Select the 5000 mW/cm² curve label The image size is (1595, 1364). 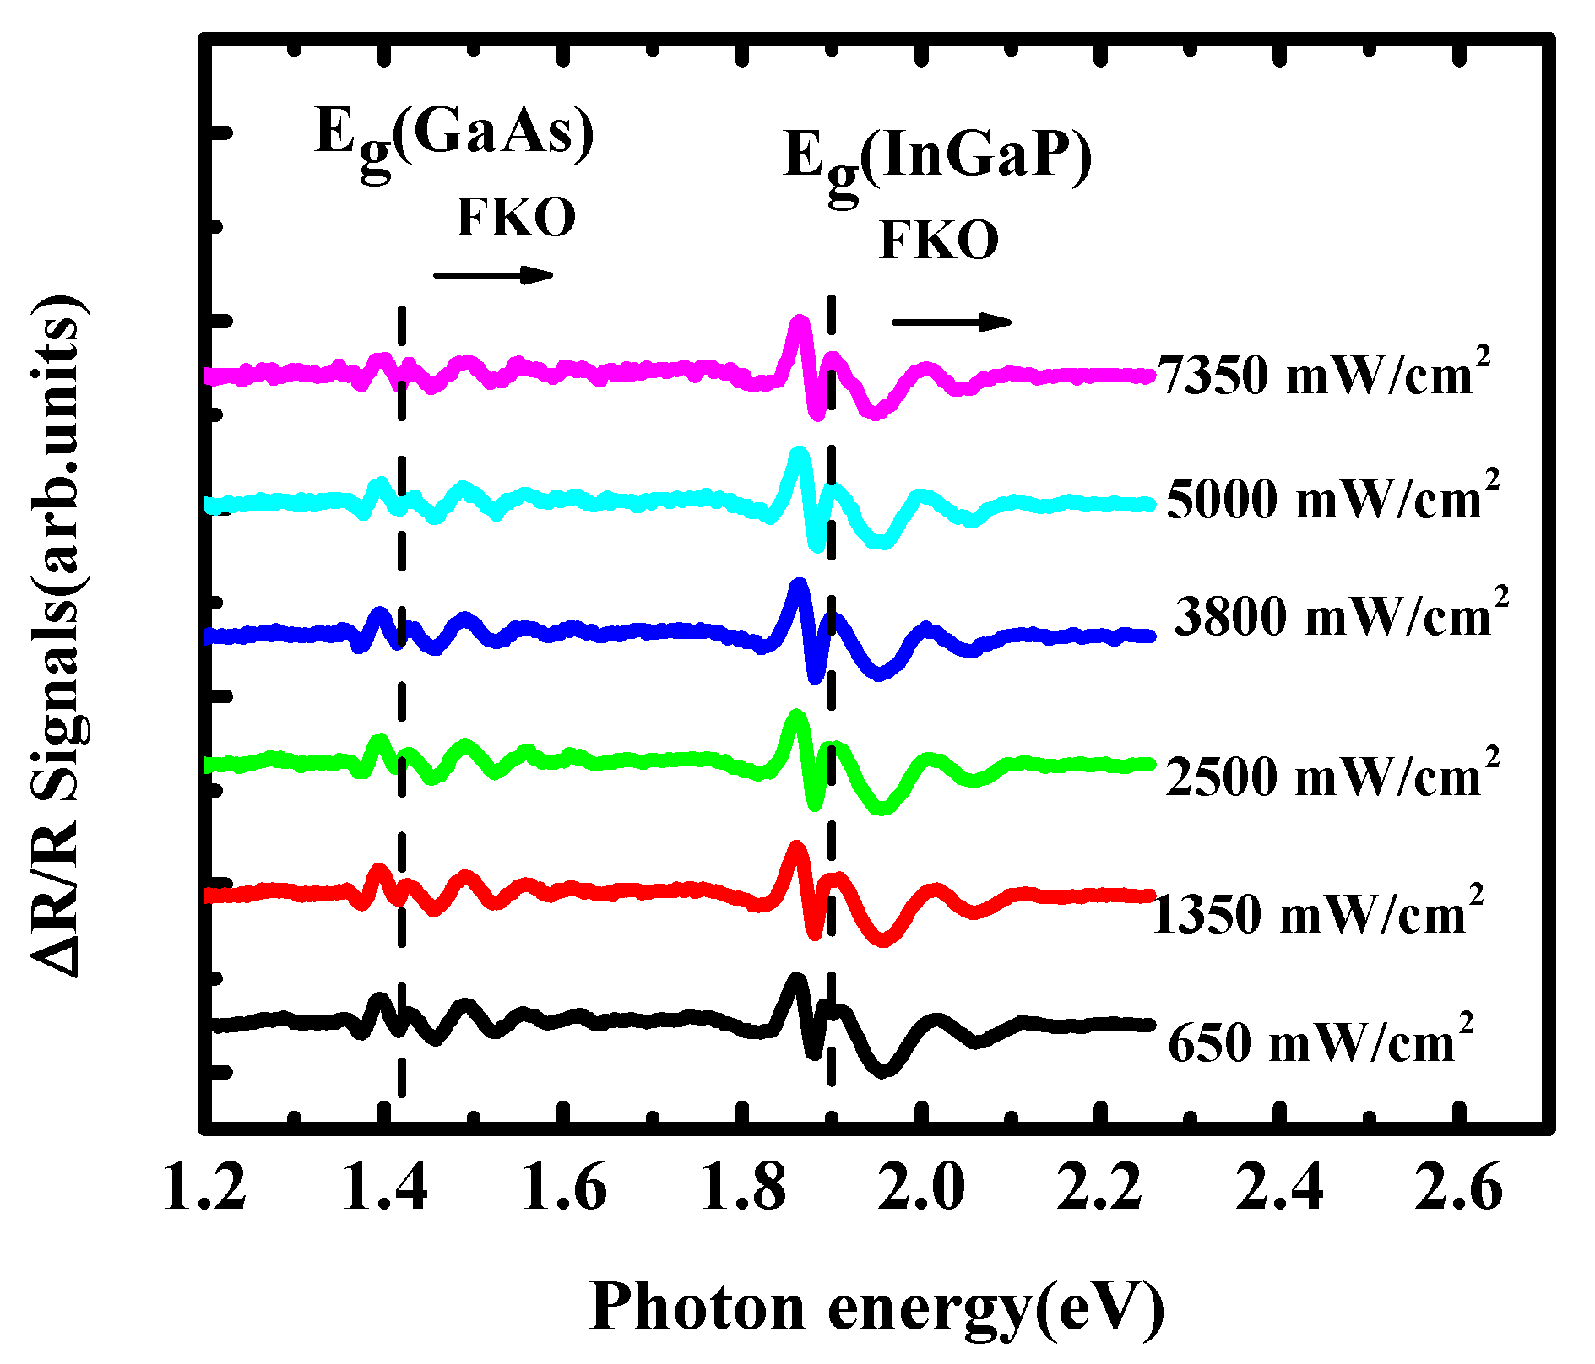coord(1333,497)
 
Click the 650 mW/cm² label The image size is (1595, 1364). coord(1321,1042)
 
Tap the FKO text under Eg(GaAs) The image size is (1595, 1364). coord(516,218)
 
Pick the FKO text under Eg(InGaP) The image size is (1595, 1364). coord(939,240)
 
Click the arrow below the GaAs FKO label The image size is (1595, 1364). coord(493,274)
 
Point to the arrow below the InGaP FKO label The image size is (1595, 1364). coord(952,322)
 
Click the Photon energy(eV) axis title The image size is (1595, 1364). coord(876,1307)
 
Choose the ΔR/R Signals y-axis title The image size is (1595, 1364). coord(57,637)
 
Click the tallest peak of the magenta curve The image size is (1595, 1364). coord(799,322)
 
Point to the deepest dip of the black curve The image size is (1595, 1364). coord(884,1069)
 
